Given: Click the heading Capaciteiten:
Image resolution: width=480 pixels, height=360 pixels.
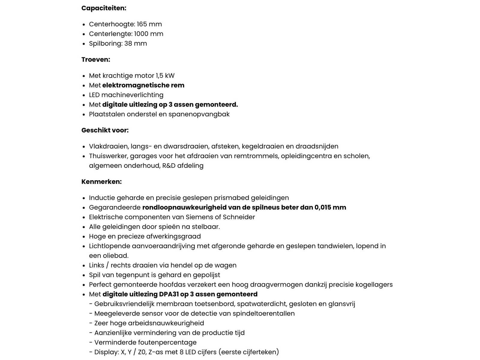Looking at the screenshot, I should (104, 8).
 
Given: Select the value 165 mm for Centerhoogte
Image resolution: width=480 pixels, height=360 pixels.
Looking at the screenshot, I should (149, 24).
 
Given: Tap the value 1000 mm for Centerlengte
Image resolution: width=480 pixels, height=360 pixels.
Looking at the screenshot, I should (148, 34).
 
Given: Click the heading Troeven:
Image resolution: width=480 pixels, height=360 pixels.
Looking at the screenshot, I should (96, 59).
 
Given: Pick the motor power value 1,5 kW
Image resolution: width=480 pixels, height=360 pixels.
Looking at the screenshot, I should (165, 76).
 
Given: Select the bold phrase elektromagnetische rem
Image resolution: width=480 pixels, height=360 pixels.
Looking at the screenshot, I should (143, 85).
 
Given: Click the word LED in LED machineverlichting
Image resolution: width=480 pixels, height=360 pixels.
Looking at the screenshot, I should (94, 95).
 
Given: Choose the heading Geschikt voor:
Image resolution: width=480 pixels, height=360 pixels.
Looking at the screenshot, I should (105, 130).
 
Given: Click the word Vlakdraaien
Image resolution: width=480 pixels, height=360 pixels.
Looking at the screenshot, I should (109, 146).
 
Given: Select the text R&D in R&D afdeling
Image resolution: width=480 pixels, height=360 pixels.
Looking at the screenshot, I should (169, 166).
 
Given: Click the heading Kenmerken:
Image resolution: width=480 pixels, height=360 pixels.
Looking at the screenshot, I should (101, 181).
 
